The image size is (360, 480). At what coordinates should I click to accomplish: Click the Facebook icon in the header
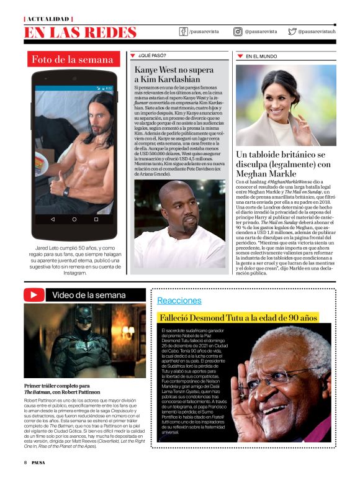point(184,31)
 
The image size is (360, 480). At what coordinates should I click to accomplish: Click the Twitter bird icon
point(292,31)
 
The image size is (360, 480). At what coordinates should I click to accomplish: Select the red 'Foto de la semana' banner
point(73,60)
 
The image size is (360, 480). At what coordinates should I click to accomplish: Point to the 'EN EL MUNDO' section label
point(261,57)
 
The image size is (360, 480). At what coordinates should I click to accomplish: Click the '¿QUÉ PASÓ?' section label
point(152,56)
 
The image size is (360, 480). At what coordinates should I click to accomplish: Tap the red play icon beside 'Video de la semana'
point(32,294)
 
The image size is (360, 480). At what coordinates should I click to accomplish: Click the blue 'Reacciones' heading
point(179,301)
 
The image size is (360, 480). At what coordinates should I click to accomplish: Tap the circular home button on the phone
point(74,219)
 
